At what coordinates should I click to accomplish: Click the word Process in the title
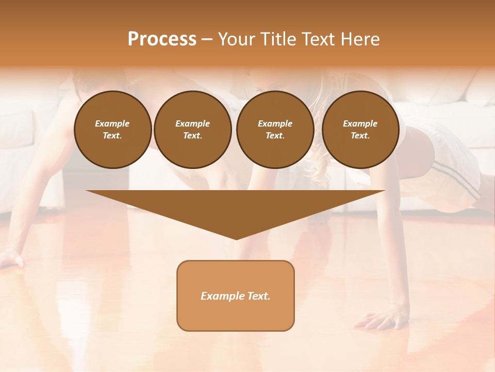pyautogui.click(x=162, y=39)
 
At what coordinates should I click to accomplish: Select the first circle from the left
pyautogui.click(x=112, y=130)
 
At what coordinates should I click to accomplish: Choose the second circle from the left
pyautogui.click(x=192, y=130)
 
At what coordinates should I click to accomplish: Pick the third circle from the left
pyautogui.click(x=275, y=130)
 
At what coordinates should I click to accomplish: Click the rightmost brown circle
pyautogui.click(x=360, y=130)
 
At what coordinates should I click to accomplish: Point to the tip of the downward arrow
pyautogui.click(x=236, y=238)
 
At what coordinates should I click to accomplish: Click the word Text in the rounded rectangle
pyautogui.click(x=258, y=296)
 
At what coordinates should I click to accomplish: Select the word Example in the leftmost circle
pyautogui.click(x=112, y=123)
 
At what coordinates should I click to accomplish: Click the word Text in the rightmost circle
pyautogui.click(x=360, y=136)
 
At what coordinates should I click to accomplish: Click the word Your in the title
pyautogui.click(x=235, y=39)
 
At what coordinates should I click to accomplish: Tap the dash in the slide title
pyautogui.click(x=207, y=39)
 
